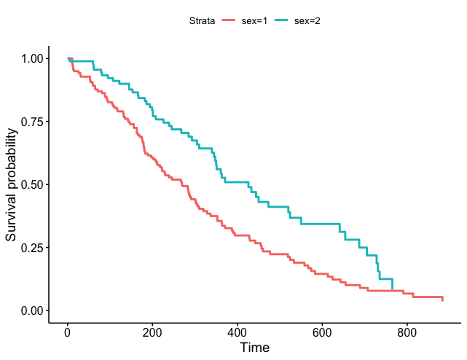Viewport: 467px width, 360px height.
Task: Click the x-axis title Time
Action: tap(254, 348)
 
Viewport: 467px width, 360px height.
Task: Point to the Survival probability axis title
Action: tap(12, 184)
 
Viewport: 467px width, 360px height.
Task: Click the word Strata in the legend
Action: tap(200, 20)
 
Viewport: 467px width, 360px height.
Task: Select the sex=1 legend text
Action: tap(255, 20)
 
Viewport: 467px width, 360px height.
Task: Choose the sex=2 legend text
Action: tap(307, 20)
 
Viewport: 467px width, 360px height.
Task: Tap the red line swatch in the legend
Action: tap(229, 20)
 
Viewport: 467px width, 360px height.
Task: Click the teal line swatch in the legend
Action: tap(282, 20)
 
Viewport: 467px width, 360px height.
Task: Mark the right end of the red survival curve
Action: tap(442, 300)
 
